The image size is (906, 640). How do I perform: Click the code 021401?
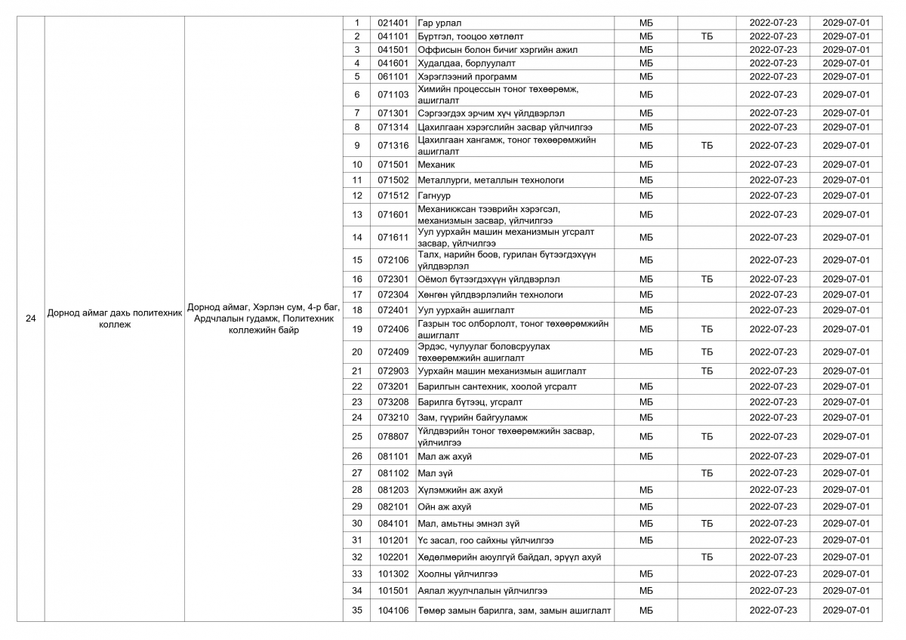[x=393, y=23]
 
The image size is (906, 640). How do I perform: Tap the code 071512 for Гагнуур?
[x=393, y=195]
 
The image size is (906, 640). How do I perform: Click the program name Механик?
[x=436, y=165]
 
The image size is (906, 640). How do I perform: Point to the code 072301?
[x=393, y=279]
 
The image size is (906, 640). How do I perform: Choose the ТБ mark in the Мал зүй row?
[x=707, y=473]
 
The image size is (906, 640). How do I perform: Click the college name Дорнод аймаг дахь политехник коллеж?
[x=114, y=318]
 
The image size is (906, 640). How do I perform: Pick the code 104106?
[x=393, y=610]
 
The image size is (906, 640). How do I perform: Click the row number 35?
[x=357, y=610]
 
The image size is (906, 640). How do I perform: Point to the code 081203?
[x=393, y=490]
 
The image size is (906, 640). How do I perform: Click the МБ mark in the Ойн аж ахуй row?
[x=646, y=506]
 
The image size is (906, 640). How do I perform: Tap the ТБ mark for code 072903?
[x=707, y=371]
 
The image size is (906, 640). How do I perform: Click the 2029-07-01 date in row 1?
[x=846, y=23]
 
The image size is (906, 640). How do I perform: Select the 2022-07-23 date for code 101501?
[x=772, y=590]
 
